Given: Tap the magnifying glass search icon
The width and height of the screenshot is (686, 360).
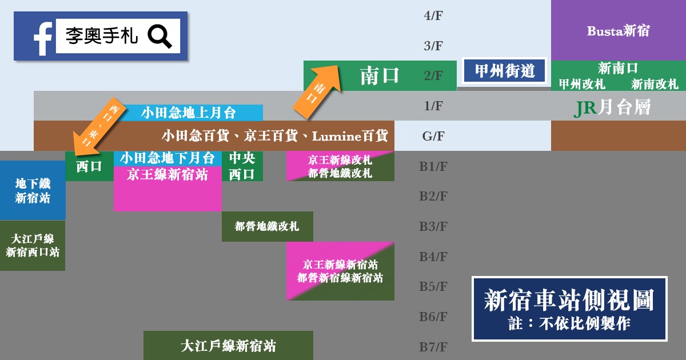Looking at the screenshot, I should [159, 36].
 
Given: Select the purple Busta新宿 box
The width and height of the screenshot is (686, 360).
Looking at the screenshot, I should [618, 31].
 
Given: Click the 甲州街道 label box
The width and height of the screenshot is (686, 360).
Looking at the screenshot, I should [505, 70].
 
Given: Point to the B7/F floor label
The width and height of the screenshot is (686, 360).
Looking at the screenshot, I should [433, 347].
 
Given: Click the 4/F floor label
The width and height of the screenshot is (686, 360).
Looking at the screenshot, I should [433, 15].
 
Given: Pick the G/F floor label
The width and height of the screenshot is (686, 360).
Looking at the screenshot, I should [433, 136].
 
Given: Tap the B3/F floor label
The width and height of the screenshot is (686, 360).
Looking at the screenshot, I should [433, 226].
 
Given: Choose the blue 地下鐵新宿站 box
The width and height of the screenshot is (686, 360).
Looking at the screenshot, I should [33, 191].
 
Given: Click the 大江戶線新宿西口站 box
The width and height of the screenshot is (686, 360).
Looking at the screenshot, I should [33, 245].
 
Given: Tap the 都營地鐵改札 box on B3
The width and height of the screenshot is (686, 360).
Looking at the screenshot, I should [267, 226].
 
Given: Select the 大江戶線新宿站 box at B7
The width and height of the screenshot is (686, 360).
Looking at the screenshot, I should [228, 346].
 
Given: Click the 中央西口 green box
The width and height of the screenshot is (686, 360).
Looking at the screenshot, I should [242, 166].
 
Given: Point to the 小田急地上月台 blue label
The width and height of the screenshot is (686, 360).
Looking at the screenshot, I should [188, 113].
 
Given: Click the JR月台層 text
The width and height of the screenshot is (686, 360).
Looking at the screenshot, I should [612, 107].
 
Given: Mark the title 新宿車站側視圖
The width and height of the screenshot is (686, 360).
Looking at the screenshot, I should [569, 300].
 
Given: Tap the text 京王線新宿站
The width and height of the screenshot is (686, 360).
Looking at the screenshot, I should [167, 174].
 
